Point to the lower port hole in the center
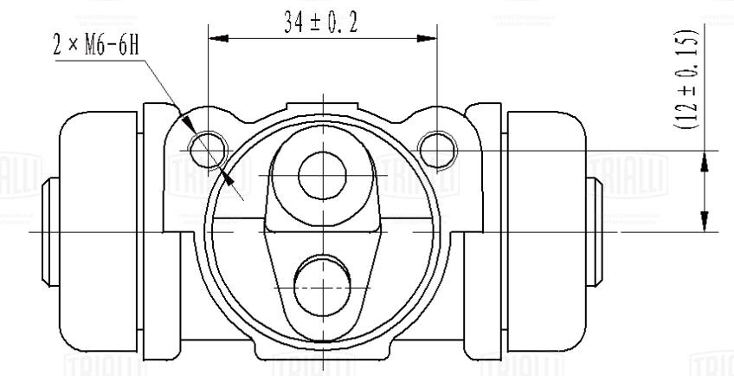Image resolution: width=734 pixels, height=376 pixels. point(321,285)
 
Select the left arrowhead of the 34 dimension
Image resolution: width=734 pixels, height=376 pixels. point(217,38)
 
